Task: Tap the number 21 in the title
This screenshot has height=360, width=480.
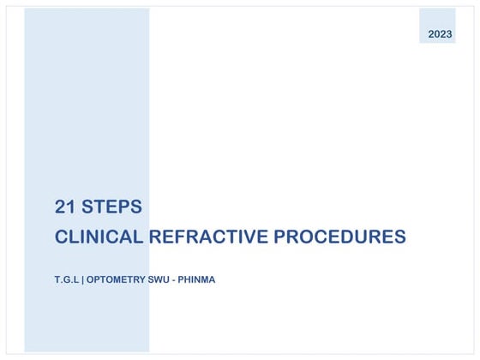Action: pos(64,207)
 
